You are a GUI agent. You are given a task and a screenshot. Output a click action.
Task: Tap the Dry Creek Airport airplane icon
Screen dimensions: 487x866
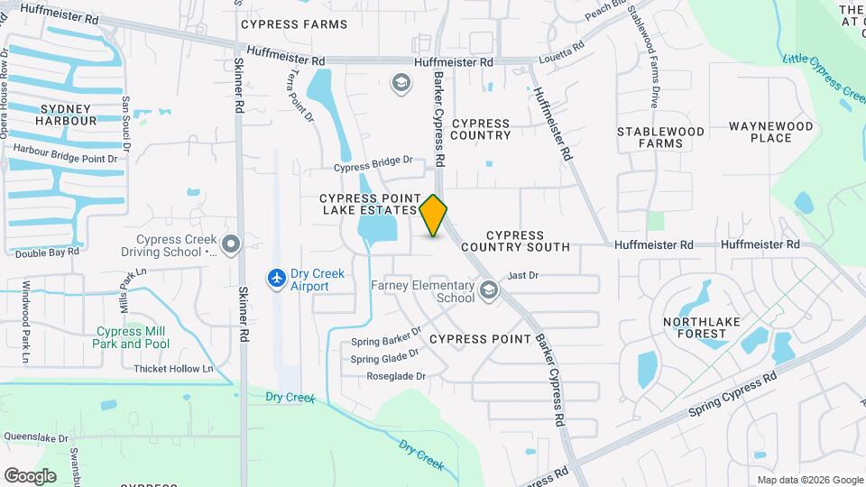coord(277,279)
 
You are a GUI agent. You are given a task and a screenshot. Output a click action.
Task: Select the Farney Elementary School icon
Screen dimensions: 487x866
coord(489,289)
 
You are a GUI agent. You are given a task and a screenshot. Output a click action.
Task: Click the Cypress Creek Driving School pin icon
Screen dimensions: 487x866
coord(232,243)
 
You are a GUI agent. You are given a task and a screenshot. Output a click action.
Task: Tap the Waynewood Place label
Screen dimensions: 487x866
coord(770,132)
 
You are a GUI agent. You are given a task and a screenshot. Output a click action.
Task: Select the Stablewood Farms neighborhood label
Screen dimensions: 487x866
coord(660,137)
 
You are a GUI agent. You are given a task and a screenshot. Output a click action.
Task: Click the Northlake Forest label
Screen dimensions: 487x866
coord(706,327)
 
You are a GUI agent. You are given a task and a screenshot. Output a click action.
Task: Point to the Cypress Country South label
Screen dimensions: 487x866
coord(515,241)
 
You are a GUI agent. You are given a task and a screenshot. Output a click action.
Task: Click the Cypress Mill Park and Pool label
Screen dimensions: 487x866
coord(132,337)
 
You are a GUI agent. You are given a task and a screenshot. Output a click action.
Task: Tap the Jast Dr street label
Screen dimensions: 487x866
coord(523,275)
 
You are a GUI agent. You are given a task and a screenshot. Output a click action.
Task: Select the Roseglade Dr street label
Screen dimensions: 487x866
coord(395,377)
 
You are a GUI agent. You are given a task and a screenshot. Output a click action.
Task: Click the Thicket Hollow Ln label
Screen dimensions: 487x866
coord(173,369)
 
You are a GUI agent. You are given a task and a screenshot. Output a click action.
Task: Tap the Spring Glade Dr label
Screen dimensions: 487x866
coord(385,357)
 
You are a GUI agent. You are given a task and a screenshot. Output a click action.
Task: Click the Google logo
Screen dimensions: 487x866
coord(30,475)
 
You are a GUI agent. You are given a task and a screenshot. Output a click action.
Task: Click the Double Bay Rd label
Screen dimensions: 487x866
coord(47,253)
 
